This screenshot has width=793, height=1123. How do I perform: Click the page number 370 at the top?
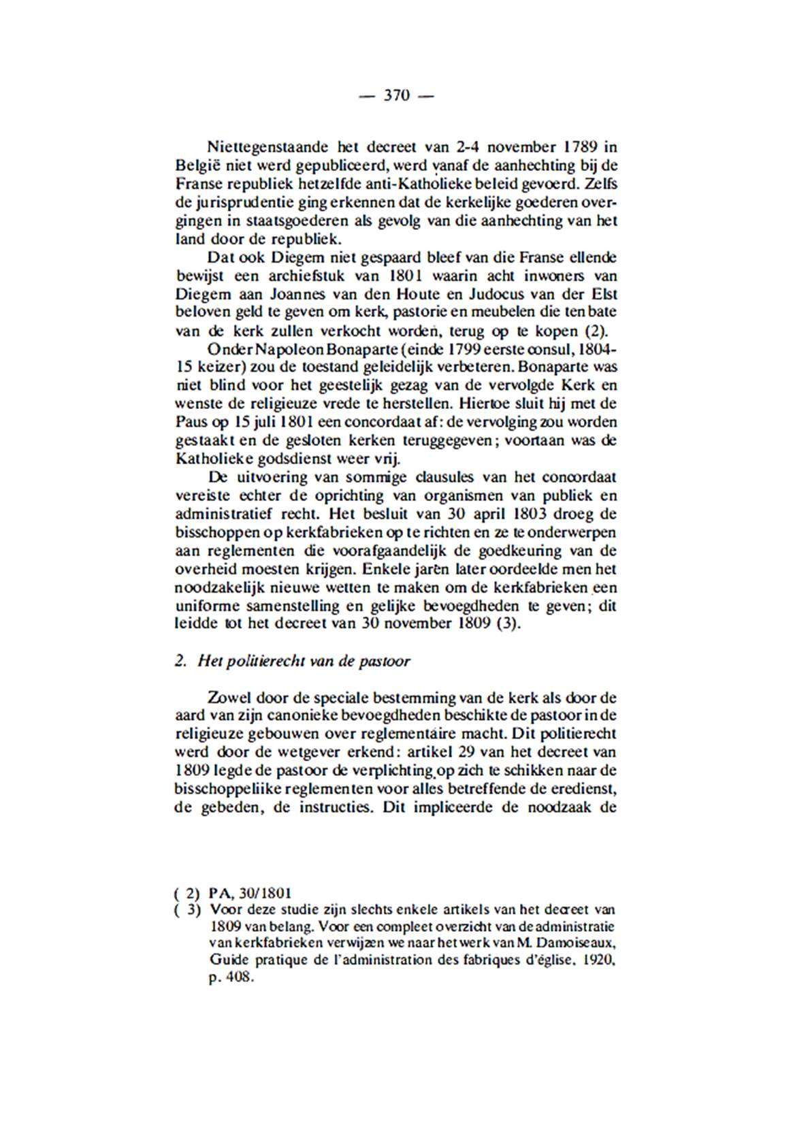396,96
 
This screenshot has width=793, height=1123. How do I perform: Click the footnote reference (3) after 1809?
507,624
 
